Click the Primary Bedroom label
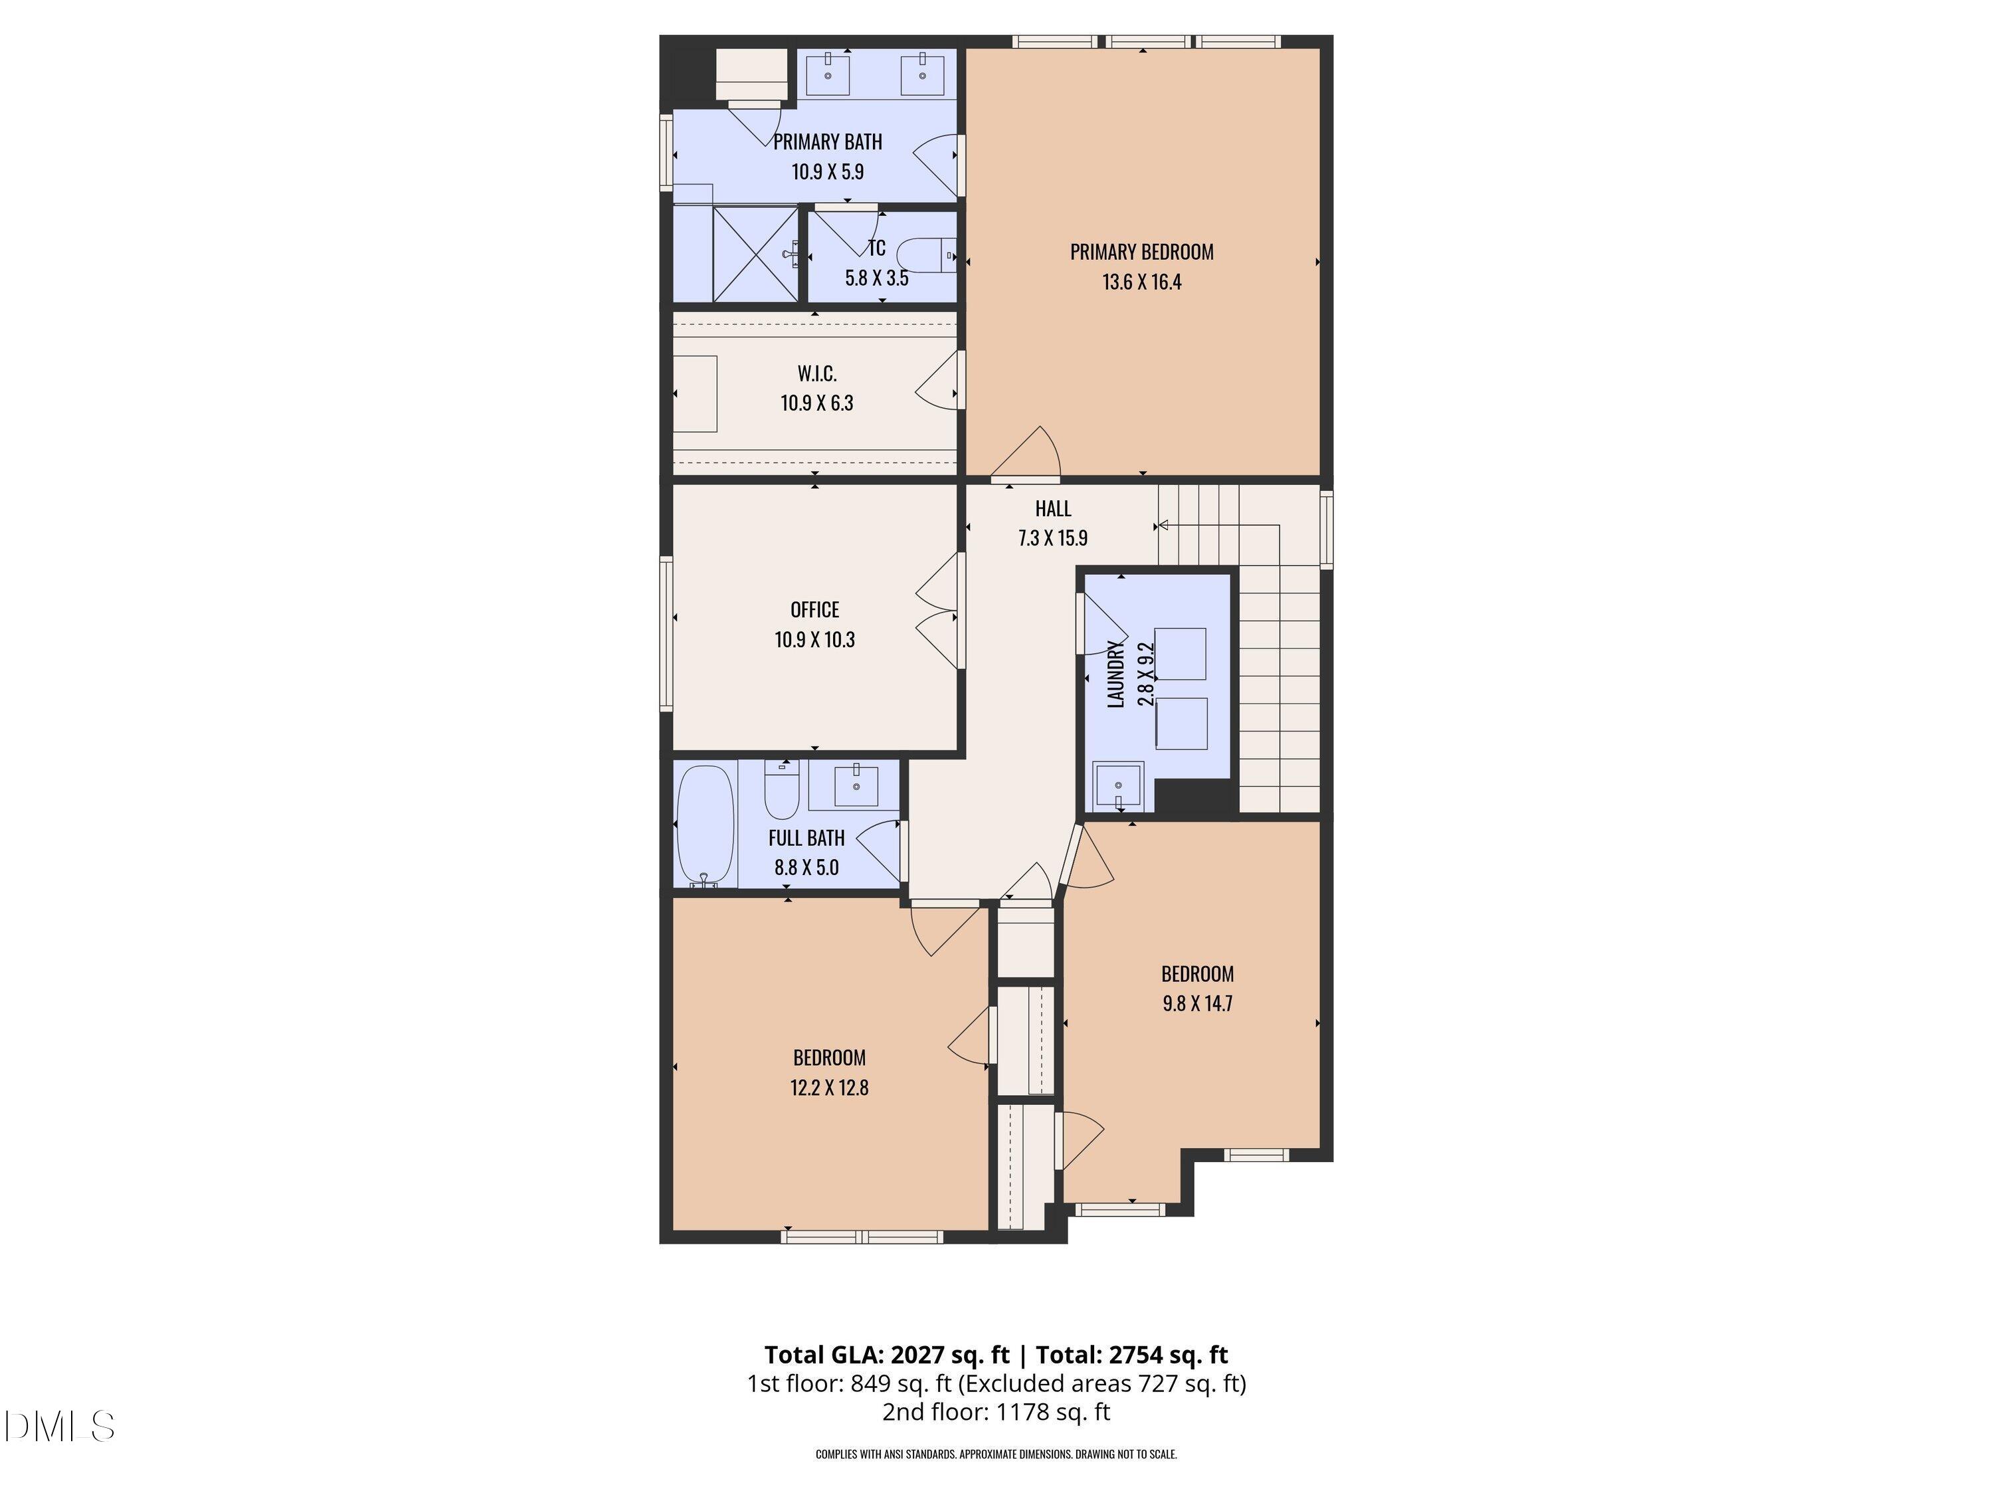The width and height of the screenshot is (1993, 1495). (1141, 252)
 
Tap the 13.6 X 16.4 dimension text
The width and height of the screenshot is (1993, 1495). (1141, 282)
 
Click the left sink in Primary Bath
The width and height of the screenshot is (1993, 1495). (827, 73)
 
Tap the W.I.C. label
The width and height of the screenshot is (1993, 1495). (816, 373)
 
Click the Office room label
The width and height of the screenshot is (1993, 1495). (814, 610)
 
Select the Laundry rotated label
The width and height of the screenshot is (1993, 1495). (1115, 674)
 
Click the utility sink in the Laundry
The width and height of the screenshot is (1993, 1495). (1118, 787)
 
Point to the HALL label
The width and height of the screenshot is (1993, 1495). (1052, 508)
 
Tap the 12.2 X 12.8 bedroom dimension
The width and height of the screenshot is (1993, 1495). (829, 1088)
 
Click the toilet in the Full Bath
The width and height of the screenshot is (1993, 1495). (781, 789)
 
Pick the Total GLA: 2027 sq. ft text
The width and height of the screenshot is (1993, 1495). (887, 1354)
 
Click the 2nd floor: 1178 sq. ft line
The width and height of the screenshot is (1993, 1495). (996, 1412)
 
